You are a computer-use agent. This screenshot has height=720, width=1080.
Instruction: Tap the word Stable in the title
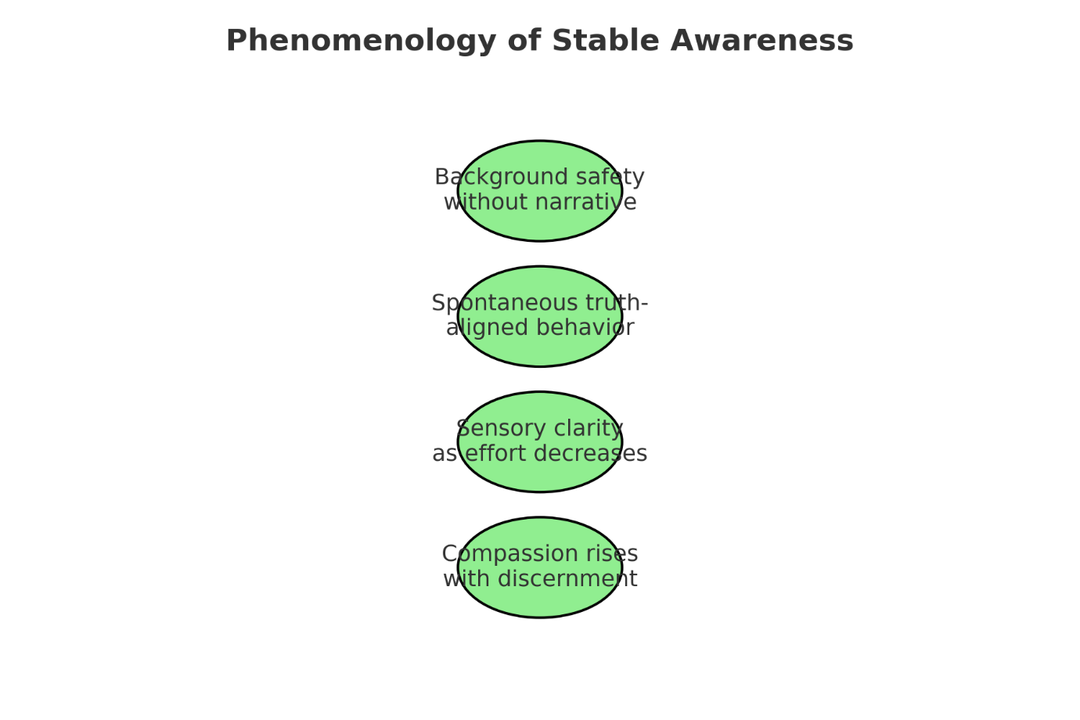(594, 41)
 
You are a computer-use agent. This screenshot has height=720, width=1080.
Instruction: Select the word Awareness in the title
(761, 41)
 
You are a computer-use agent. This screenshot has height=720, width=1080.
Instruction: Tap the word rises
(611, 554)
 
